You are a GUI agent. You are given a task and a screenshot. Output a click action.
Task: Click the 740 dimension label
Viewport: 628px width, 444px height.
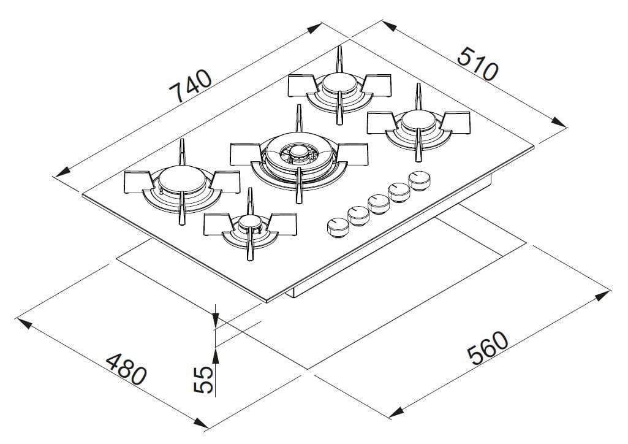(191, 85)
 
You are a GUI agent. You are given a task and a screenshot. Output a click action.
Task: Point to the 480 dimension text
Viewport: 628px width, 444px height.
(126, 369)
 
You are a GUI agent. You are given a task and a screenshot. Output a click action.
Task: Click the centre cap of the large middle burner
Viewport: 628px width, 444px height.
(298, 151)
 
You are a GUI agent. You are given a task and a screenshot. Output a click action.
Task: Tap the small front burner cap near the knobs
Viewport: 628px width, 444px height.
(249, 222)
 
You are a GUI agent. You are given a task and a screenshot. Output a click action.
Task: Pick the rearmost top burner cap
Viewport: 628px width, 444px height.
(340, 82)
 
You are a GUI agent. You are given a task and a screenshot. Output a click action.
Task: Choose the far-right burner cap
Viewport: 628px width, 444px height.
(418, 120)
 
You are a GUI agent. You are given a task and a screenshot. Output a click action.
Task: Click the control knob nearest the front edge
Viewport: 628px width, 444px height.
(336, 226)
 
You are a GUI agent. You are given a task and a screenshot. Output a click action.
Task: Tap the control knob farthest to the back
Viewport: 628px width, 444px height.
(420, 180)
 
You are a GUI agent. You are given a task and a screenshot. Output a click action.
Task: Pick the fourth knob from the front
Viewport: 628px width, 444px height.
(399, 191)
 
